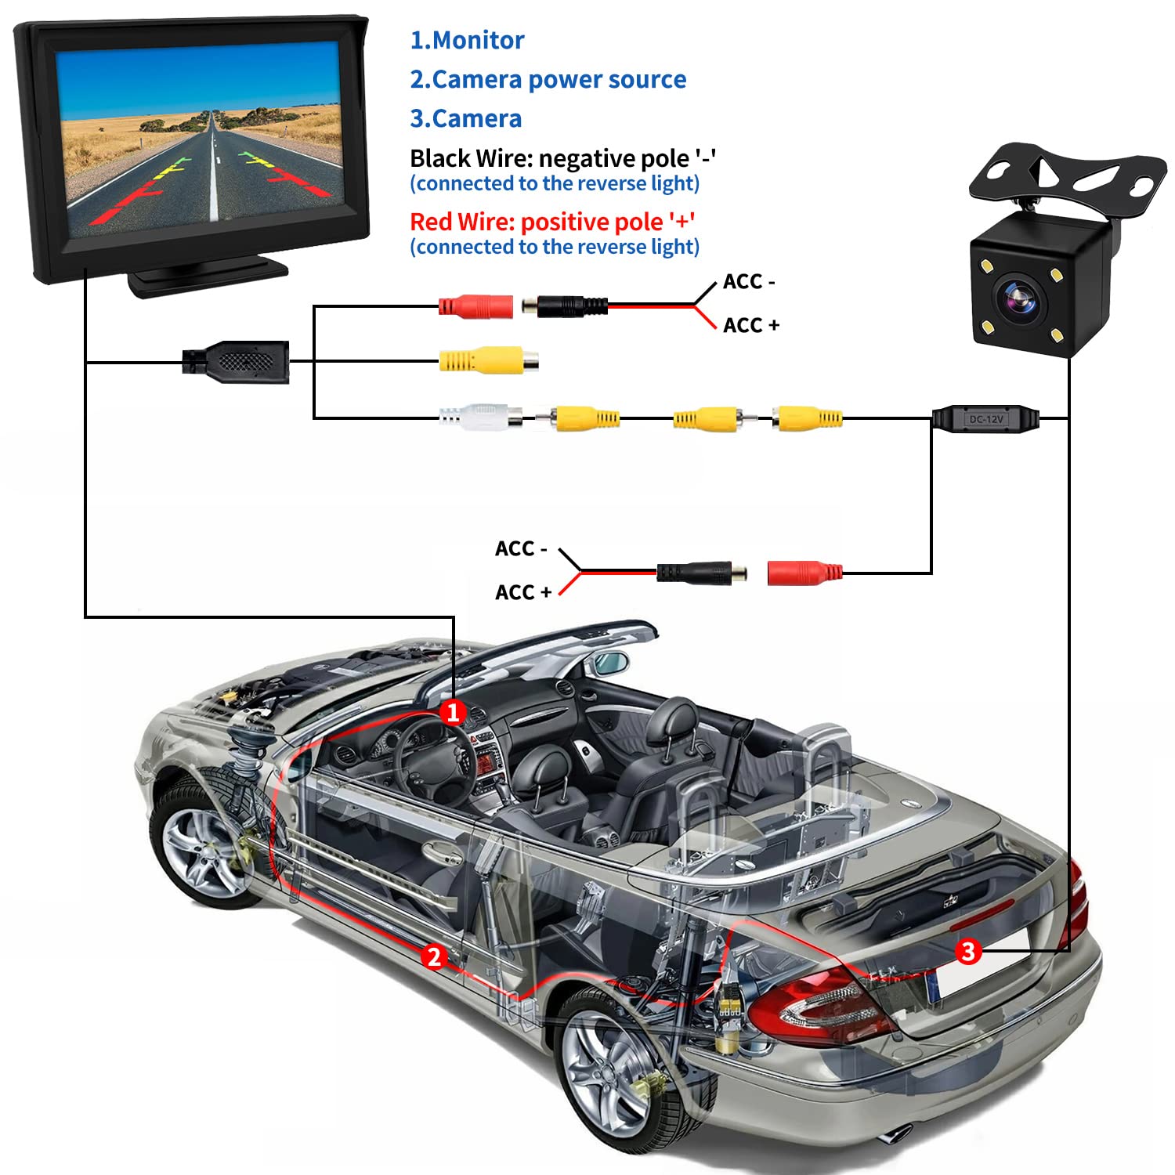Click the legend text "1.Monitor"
[x=467, y=40]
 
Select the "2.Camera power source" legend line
[x=548, y=79]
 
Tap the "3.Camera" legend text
[x=465, y=118]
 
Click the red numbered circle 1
[x=453, y=712]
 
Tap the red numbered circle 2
[x=434, y=956]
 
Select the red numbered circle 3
[x=968, y=951]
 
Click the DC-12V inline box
[x=985, y=419]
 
